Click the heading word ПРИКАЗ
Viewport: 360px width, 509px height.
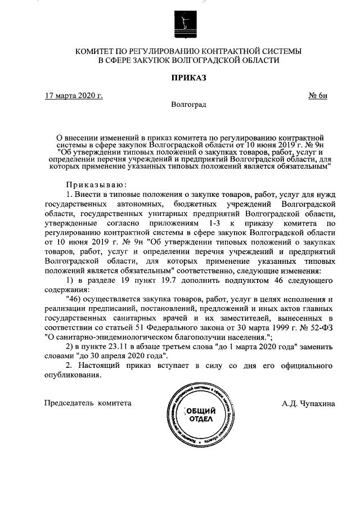point(180,78)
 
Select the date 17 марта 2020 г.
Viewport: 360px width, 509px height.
point(74,95)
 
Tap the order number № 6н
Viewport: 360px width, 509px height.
point(318,95)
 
